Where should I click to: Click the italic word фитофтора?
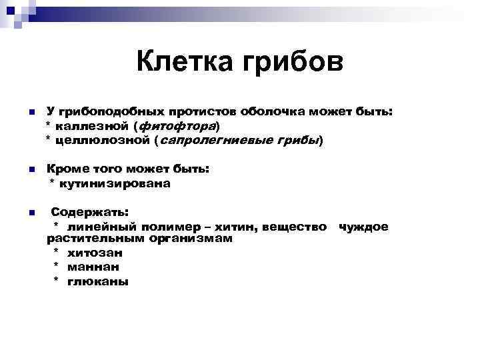coord(177,126)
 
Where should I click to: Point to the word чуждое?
coord(363,227)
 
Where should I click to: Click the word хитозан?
coord(95,253)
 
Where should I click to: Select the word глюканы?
coord(97,281)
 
